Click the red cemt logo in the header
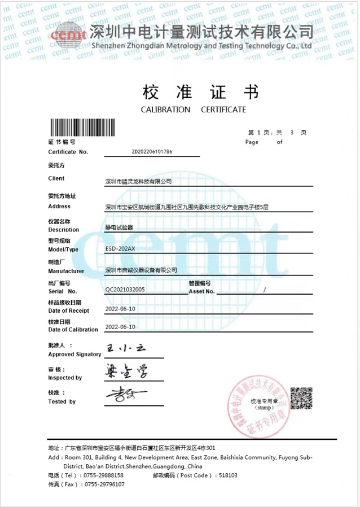click(68, 34)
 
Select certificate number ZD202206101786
click(152, 152)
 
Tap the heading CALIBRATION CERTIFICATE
click(193, 110)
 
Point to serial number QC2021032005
click(125, 289)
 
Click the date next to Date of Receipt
click(120, 309)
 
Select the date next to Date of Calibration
click(120, 327)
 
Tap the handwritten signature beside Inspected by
click(126, 371)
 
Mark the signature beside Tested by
click(125, 393)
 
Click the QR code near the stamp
click(301, 398)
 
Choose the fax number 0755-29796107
click(101, 484)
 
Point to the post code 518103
click(228, 475)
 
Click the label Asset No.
click(201, 291)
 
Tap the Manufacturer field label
click(66, 271)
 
